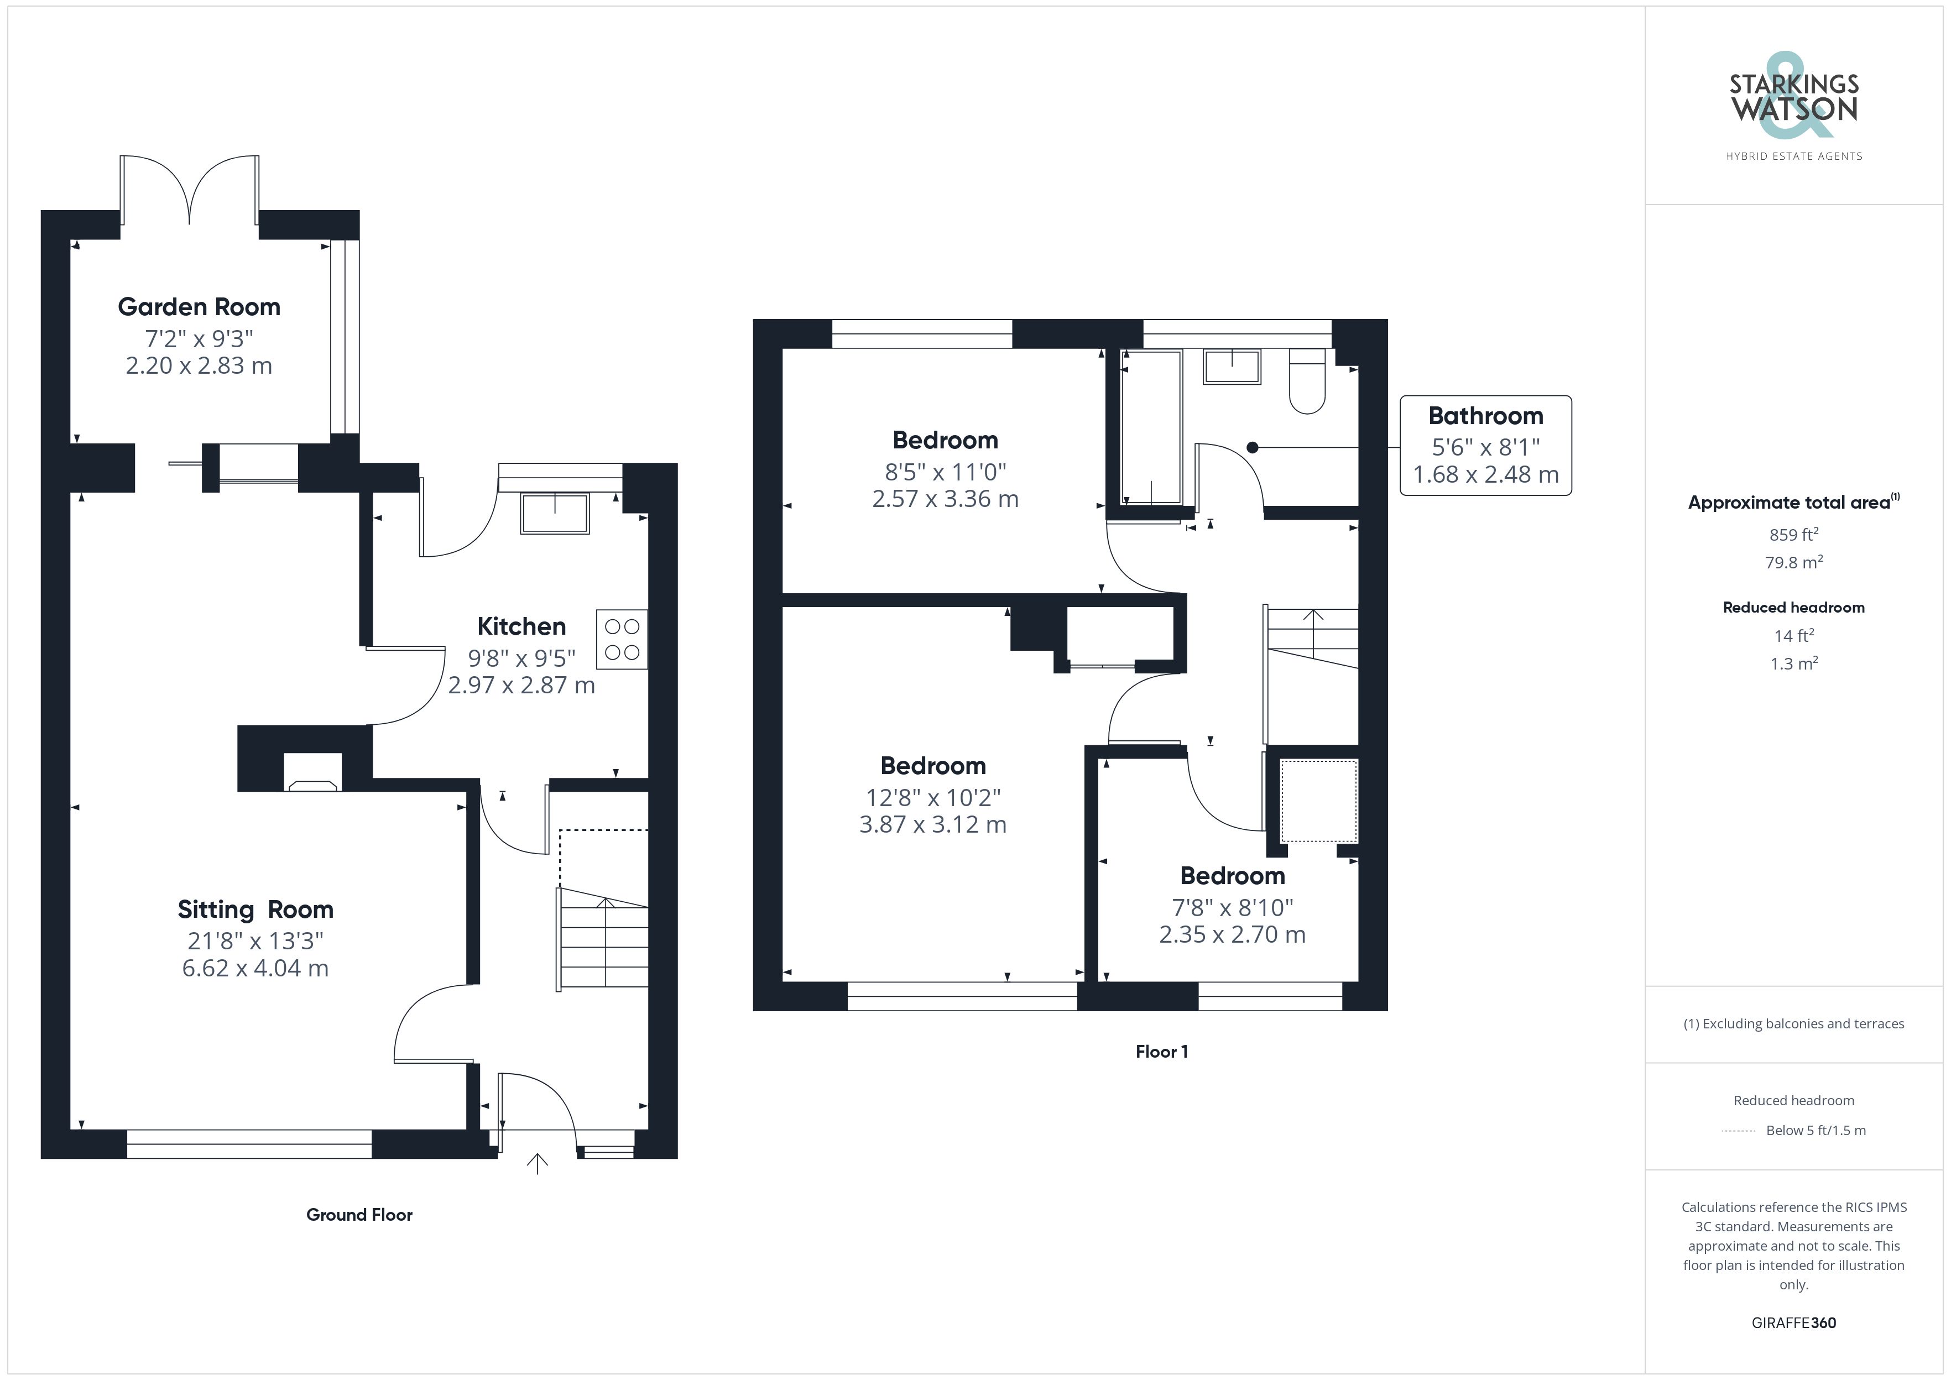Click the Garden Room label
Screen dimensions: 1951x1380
199,307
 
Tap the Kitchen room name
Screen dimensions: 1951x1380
521,626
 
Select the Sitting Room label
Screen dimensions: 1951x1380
255,909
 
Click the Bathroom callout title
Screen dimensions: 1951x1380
1485,416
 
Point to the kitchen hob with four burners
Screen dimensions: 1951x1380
622,639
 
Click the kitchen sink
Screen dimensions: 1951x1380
555,513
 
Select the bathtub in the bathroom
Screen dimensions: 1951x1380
1151,427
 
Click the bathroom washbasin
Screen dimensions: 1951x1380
1232,366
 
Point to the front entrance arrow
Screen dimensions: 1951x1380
537,1163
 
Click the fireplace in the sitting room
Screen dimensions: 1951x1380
312,772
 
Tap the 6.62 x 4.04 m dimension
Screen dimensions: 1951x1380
255,968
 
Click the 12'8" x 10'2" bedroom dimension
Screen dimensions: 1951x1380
933,798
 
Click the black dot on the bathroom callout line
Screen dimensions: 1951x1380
1251,447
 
